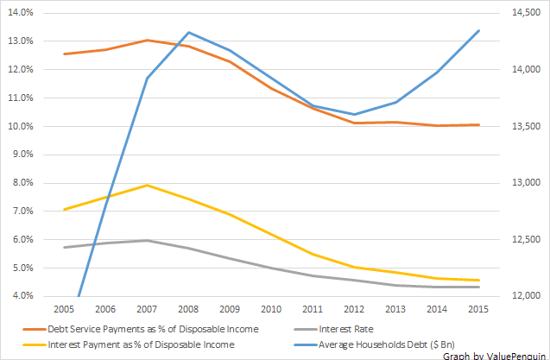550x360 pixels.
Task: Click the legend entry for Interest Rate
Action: pos(333,329)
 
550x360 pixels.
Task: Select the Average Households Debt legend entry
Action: pos(374,344)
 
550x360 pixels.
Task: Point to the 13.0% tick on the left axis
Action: pos(21,41)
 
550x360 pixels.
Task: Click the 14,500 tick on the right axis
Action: pos(526,13)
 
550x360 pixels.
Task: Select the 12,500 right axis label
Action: pos(526,239)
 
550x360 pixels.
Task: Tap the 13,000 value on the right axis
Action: pos(526,182)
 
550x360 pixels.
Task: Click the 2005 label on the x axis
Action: pos(64,309)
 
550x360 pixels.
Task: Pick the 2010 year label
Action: pos(271,309)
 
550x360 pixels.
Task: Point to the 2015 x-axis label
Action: pos(478,309)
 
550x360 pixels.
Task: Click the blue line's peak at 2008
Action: pos(189,33)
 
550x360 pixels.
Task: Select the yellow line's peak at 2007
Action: pos(147,186)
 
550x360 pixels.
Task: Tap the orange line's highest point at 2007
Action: pos(148,41)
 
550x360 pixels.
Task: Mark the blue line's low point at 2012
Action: pos(354,114)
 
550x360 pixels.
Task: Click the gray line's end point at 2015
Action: pos(478,287)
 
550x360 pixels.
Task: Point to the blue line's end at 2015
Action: pos(478,31)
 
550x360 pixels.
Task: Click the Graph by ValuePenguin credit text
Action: pos(494,356)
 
